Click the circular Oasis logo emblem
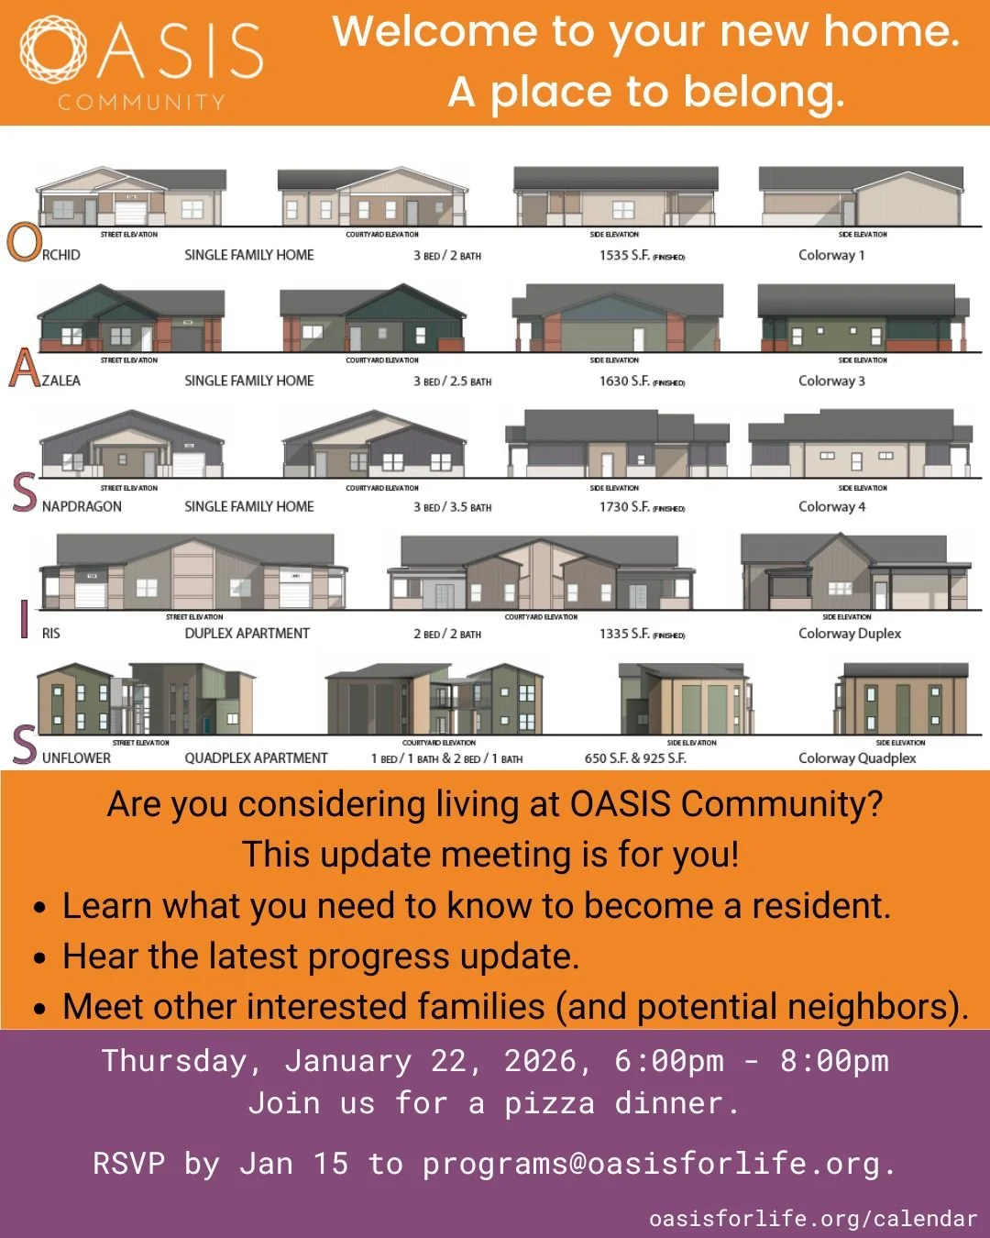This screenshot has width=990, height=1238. tap(53, 50)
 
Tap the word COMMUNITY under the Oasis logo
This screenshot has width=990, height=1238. tap(141, 102)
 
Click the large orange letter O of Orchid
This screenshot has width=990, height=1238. tap(24, 243)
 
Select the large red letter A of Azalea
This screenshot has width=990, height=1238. tap(24, 369)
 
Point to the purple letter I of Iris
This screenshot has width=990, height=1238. tap(25, 619)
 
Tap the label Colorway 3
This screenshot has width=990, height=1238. tap(831, 381)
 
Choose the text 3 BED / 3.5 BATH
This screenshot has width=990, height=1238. tap(452, 507)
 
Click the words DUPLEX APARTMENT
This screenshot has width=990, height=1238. tap(247, 634)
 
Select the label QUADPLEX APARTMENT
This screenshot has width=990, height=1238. tap(256, 758)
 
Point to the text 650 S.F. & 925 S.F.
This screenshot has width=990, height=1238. tap(635, 758)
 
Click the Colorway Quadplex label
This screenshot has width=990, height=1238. tap(857, 758)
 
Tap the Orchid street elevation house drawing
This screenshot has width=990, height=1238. tap(131, 197)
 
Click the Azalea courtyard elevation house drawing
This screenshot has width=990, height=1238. tap(373, 317)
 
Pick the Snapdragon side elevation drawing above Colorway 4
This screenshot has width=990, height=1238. tap(860, 445)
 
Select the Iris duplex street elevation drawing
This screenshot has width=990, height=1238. tap(192, 573)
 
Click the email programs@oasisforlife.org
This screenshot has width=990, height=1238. tap(658, 1164)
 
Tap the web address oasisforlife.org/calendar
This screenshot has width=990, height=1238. tap(813, 1219)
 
